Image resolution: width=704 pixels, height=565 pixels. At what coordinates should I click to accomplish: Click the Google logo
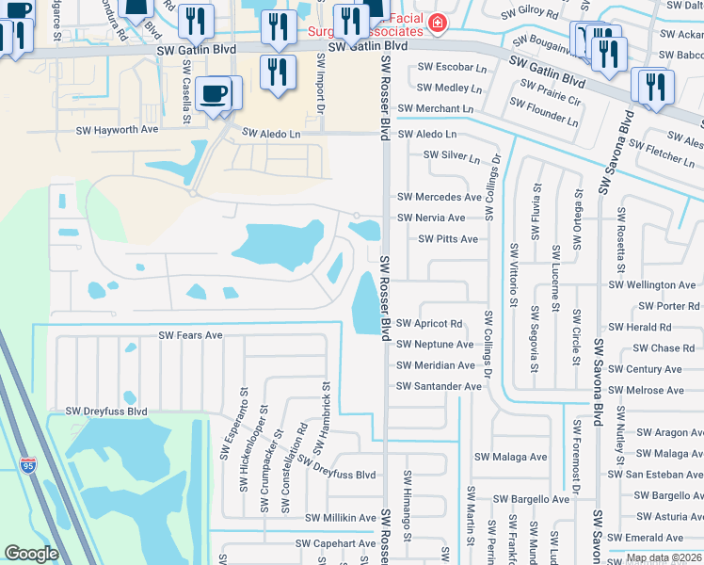(x=31, y=554)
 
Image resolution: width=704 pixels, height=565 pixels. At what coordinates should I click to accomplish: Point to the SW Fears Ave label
(x=190, y=334)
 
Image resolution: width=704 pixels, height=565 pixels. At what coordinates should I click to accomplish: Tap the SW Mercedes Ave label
(x=440, y=197)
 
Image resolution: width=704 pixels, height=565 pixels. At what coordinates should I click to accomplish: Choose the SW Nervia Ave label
(x=431, y=218)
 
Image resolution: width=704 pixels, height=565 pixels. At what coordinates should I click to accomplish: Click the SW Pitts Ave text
(x=448, y=239)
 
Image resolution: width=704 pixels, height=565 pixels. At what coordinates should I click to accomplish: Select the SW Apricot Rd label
(x=429, y=323)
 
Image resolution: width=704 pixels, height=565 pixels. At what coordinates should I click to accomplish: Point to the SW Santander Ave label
(x=440, y=386)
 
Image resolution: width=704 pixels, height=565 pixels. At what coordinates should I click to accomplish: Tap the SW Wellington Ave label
(x=652, y=284)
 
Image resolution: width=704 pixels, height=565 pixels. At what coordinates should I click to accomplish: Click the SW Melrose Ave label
(x=645, y=390)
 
